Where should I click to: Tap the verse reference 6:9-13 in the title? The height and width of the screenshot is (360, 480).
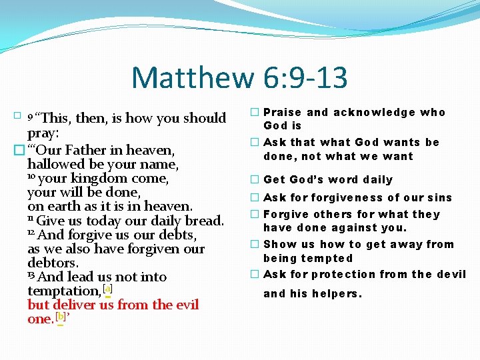[301, 77]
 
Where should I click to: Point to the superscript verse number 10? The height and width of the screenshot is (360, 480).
[32, 177]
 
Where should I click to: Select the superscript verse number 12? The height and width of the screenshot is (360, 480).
[32, 233]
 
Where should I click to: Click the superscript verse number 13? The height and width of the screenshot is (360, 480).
[32, 275]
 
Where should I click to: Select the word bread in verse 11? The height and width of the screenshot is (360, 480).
[203, 220]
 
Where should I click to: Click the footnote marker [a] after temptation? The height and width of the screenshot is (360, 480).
[107, 290]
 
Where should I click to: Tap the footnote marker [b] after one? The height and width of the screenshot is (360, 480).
[61, 318]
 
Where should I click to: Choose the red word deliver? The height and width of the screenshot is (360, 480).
[79, 304]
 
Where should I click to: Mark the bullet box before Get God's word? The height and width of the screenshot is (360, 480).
[255, 179]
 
